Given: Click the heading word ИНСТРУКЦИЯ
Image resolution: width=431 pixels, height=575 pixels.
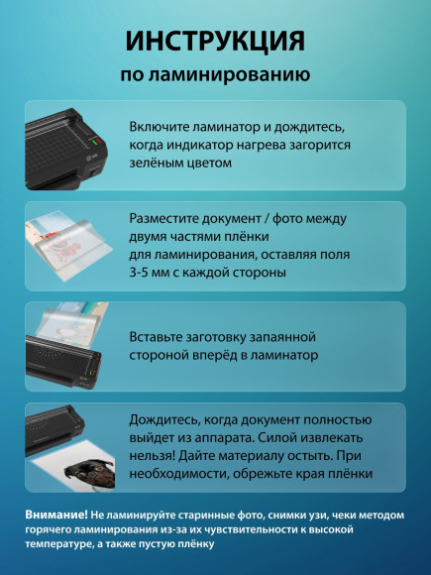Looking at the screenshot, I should (215, 41).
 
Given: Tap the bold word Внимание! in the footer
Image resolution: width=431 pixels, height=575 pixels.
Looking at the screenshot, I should (55, 513).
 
